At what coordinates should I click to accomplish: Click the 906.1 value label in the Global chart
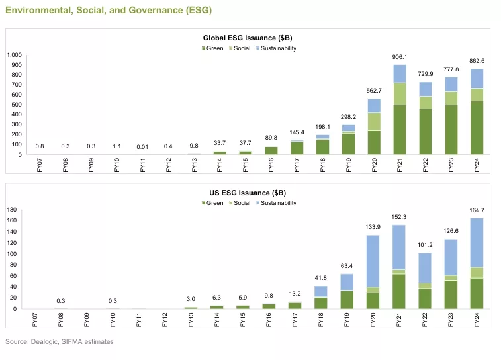(x=400, y=57)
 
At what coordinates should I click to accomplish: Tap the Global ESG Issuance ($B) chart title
(x=250, y=39)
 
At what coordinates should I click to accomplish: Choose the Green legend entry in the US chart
(x=212, y=203)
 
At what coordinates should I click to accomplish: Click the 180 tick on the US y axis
(x=11, y=210)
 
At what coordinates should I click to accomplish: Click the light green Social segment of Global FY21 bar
(x=400, y=93)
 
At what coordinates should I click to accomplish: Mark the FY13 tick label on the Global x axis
(x=194, y=165)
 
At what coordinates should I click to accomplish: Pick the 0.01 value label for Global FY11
(x=142, y=146)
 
